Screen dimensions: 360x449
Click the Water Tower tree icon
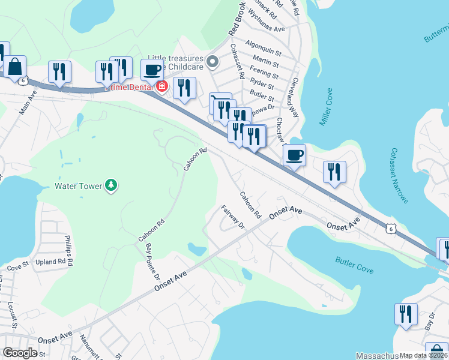click(110, 185)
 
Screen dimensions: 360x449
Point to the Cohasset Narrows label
click(400, 175)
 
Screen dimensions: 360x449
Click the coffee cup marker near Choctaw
click(294, 155)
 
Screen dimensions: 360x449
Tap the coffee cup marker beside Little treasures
click(152, 69)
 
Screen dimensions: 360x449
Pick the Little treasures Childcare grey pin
click(212, 61)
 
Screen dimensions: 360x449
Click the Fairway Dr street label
click(234, 217)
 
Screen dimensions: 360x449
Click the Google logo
click(20, 352)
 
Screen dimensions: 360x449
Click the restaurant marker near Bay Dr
click(406, 315)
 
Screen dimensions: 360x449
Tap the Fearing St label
click(264, 76)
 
